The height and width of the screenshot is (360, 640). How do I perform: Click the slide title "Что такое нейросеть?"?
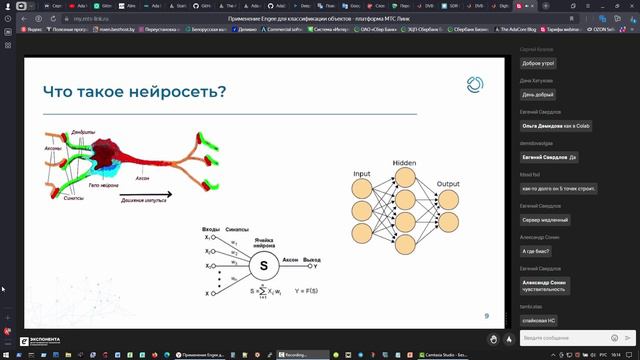(x=134, y=92)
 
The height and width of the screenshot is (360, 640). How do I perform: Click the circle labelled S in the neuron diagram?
(x=264, y=266)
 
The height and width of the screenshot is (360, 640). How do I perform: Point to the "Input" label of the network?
(x=361, y=174)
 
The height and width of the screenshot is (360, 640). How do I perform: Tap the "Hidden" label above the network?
(x=404, y=162)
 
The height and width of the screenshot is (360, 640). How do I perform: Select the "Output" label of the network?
(x=448, y=184)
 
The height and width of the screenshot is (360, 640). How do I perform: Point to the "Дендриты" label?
(x=83, y=131)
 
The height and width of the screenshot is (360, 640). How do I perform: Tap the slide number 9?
(x=486, y=316)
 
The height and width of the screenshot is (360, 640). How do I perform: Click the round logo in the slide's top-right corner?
(x=475, y=85)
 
